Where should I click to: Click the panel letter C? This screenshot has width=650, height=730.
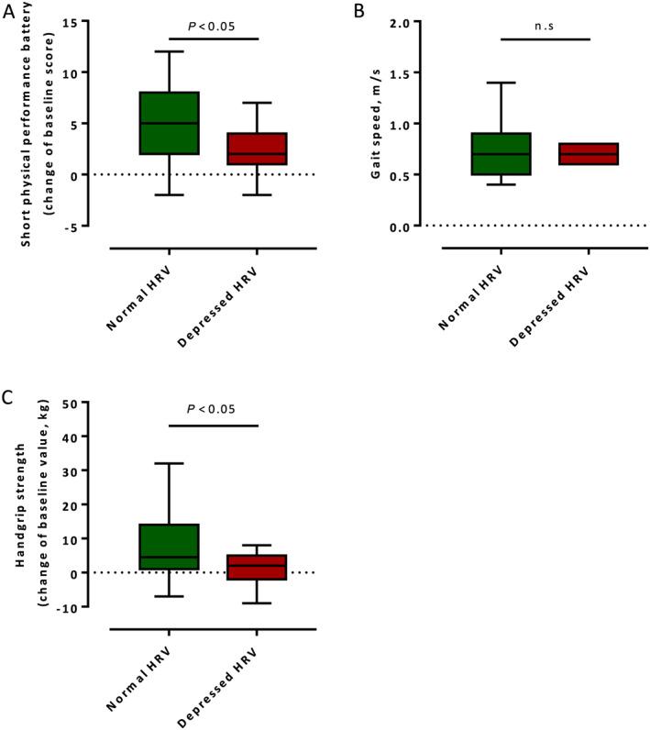(7, 394)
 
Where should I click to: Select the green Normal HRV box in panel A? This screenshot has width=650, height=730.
(170, 123)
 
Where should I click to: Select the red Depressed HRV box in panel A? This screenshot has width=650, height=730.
(258, 149)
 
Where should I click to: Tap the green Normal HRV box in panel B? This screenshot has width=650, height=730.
(501, 153)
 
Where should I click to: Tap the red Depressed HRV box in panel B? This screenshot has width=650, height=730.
(589, 154)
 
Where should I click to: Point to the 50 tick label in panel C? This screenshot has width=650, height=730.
(92, 405)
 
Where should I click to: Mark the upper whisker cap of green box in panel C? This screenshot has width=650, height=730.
(170, 463)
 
